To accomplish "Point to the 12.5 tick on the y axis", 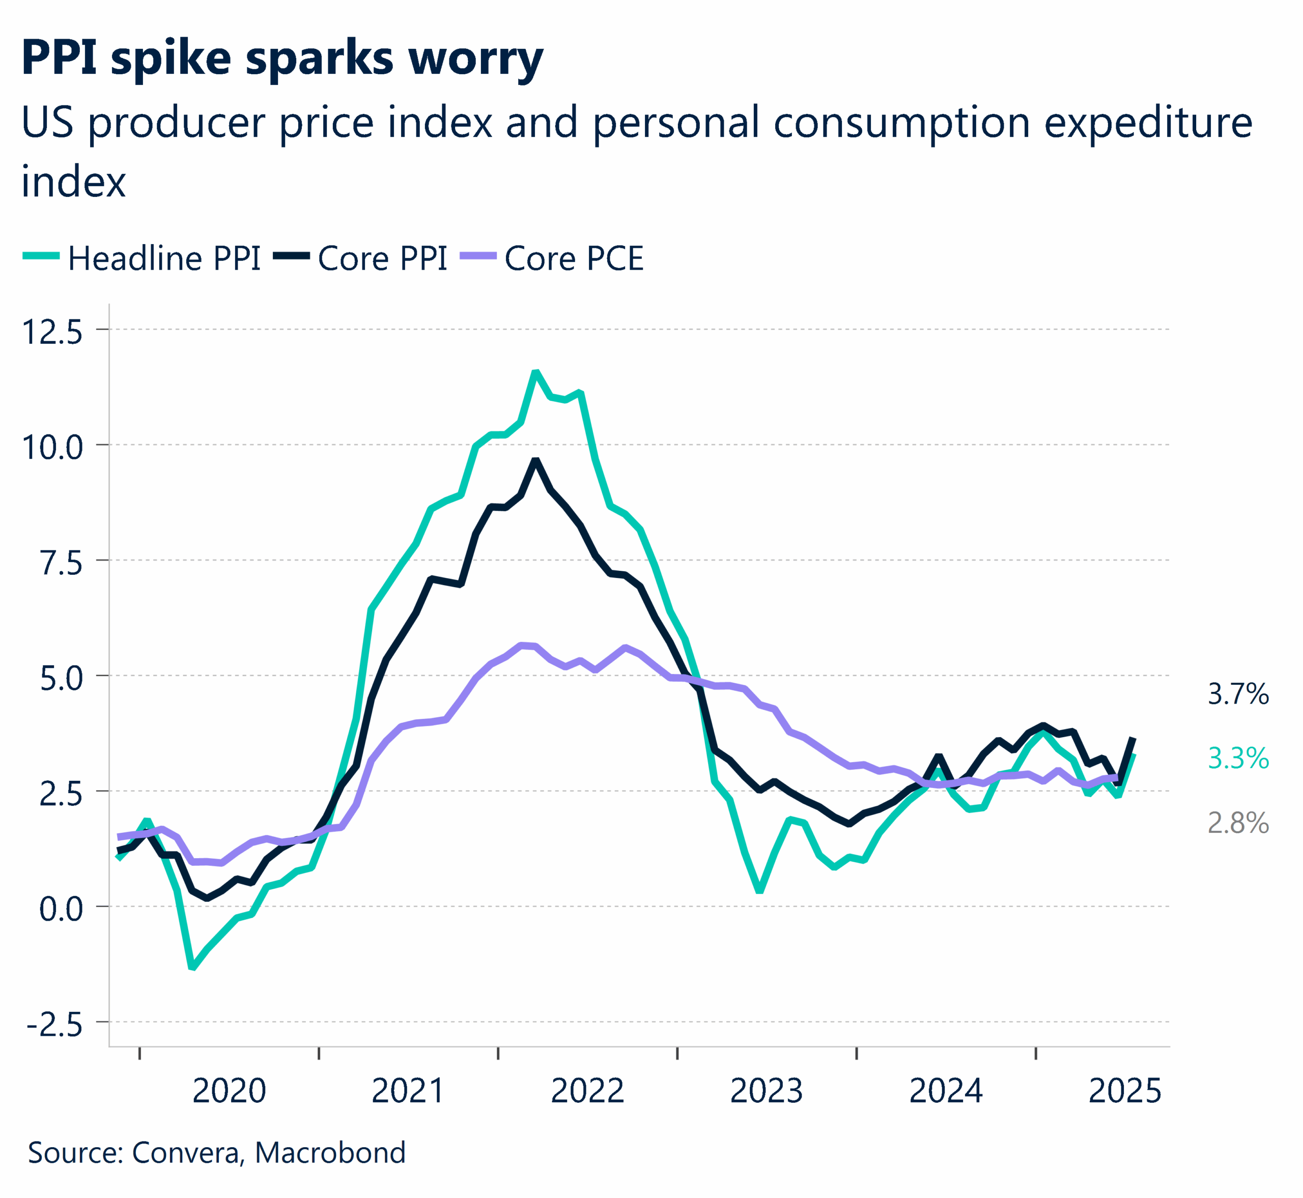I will tap(52, 333).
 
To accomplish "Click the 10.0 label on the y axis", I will tap(52, 448).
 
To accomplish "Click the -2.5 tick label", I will tap(55, 1025).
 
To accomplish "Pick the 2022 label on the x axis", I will tap(587, 1091).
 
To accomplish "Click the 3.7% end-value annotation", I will tap(1237, 695).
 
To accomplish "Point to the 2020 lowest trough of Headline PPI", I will tap(192, 968).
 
